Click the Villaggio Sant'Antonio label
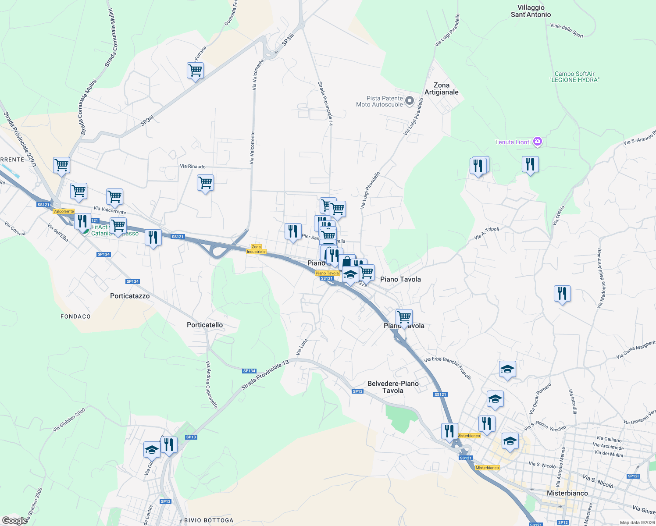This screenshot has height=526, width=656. [531, 11]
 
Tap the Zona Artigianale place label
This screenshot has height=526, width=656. [441, 89]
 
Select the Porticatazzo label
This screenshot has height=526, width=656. [130, 296]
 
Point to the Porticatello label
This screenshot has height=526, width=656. [205, 325]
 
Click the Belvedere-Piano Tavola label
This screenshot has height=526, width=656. [393, 387]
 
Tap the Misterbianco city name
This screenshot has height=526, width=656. [567, 493]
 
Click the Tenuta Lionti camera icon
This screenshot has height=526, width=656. [538, 142]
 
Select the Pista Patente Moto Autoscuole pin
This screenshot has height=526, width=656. [409, 101]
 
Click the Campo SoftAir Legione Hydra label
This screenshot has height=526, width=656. [574, 77]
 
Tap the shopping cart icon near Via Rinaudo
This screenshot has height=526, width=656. [205, 183]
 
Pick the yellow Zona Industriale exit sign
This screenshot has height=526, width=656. [256, 249]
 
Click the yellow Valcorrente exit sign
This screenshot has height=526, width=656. [64, 211]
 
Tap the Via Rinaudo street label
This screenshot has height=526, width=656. [193, 167]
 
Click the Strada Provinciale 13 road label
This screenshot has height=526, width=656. [265, 375]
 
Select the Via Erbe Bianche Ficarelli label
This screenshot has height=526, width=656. [448, 368]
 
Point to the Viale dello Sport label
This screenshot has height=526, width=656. [567, 30]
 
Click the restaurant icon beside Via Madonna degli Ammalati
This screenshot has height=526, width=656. [562, 294]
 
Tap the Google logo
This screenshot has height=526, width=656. [15, 520]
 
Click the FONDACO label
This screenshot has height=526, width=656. [75, 316]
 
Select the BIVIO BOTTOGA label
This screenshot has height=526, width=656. [209, 520]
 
